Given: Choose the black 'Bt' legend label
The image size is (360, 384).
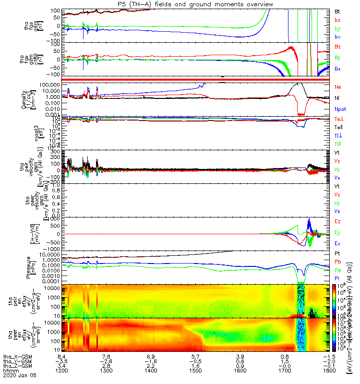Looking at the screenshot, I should [337, 11].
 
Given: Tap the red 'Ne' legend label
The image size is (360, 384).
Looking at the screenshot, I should [338, 86].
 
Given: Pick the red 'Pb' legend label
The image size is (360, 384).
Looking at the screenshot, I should [338, 262].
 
